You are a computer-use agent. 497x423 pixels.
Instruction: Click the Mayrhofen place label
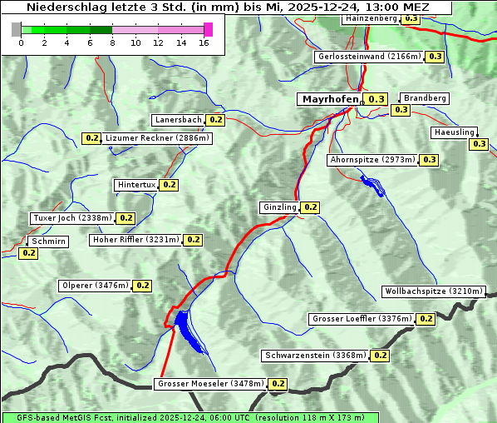tap(330, 99)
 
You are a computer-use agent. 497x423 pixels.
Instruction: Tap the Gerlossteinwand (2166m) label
tap(369, 57)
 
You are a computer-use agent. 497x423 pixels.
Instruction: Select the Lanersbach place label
tap(178, 120)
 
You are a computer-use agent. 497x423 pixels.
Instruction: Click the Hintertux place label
tap(135, 185)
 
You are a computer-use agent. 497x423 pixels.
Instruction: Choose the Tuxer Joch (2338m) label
tap(71, 218)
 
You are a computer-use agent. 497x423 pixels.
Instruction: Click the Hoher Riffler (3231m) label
tap(135, 240)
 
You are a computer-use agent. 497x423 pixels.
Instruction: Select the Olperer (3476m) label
tap(96, 286)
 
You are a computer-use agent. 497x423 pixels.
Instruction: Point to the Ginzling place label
tap(278, 207)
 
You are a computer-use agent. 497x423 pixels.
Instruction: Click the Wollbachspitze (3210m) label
tap(433, 291)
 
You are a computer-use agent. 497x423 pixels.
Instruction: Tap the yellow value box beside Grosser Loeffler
tap(426, 319)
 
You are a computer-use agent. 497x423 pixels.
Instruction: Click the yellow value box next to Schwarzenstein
tap(380, 356)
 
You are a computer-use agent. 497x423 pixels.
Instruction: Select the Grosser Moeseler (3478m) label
tap(210, 384)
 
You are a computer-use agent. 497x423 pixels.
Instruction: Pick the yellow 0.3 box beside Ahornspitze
tap(429, 160)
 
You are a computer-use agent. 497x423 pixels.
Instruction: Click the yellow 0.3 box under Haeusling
tap(479, 144)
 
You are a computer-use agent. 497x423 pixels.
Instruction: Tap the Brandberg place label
tap(425, 98)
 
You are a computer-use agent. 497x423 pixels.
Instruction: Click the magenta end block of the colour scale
tap(208, 29)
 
